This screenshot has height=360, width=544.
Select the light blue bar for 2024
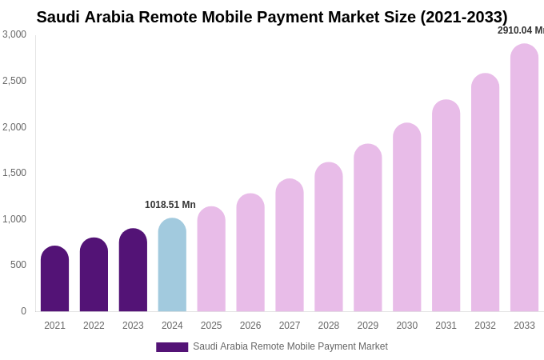(x=172, y=265)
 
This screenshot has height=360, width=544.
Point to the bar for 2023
(x=133, y=270)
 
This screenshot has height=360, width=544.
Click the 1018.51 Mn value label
(x=170, y=205)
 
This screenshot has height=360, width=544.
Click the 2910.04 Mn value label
(x=520, y=30)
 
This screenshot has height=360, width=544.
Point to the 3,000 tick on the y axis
(x=14, y=34)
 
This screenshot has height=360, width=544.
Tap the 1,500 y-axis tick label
(x=14, y=173)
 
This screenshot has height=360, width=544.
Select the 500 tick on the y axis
(x=18, y=265)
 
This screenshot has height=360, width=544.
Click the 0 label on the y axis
(x=23, y=311)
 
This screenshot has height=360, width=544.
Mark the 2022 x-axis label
(x=94, y=326)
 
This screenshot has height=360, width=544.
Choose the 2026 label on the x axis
(x=250, y=326)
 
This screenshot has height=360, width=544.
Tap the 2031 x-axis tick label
(x=446, y=326)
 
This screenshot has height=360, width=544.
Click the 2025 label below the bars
(x=211, y=326)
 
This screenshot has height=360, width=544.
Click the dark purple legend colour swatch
(x=172, y=347)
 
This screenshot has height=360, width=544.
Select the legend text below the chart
(x=290, y=346)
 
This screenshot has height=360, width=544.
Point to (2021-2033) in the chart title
(x=464, y=17)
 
